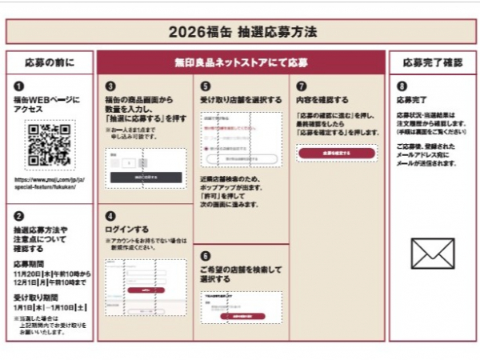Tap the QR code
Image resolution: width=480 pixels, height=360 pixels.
point(50,145)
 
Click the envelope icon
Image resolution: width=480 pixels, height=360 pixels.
point(432,253)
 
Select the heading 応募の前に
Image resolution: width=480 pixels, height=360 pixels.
point(49,62)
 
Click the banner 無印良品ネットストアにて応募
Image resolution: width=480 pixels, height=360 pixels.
point(241,62)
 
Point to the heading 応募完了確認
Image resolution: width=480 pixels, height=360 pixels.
point(432,62)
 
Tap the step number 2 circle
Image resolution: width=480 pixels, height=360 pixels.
point(18,215)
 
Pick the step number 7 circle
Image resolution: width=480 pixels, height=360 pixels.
point(300,86)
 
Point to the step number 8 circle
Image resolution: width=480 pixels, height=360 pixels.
point(401,86)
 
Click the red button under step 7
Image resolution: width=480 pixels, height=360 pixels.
point(336,152)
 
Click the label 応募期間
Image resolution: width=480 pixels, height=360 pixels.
point(30,263)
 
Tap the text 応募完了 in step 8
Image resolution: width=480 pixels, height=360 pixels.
point(411,101)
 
